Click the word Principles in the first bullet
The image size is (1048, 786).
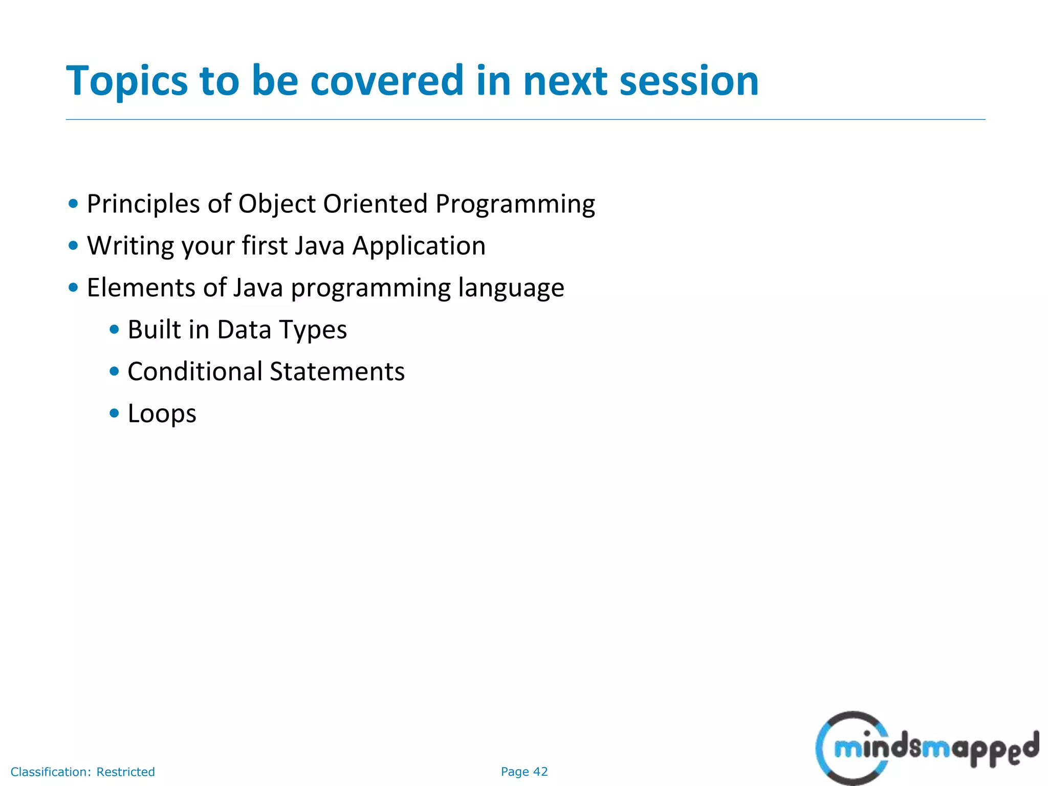(x=143, y=205)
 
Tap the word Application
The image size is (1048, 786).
(x=419, y=246)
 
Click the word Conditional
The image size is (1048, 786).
(x=194, y=372)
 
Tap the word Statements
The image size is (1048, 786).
(x=337, y=372)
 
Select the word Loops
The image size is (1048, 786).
(x=162, y=413)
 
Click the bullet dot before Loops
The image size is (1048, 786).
(x=115, y=413)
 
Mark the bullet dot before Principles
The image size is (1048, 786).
(x=73, y=204)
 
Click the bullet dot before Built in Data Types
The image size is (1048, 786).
(x=115, y=329)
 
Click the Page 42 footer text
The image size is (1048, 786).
(x=524, y=772)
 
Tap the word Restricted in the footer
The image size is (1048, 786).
(x=125, y=772)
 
